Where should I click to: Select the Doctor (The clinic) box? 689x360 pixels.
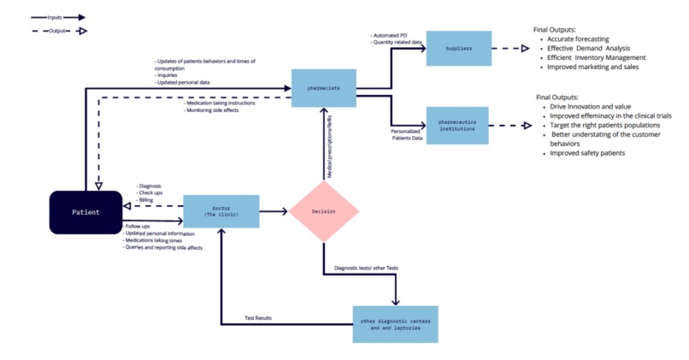point(221,210)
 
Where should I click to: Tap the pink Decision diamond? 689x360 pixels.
point(323,210)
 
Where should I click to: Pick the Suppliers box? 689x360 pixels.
point(458,50)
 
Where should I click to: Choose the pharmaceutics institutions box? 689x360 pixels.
point(456,125)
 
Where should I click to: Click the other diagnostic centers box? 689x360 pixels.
point(395,324)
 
